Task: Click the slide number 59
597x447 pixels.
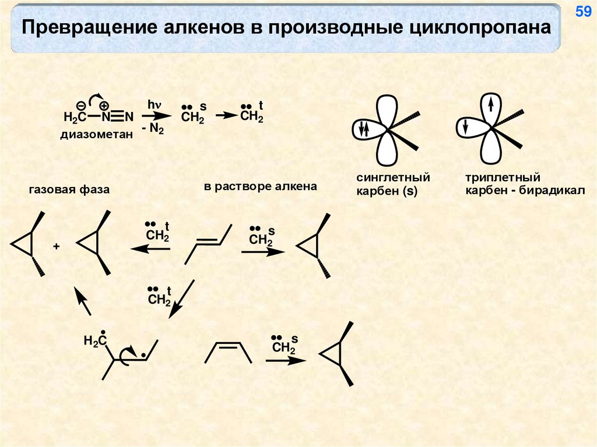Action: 583,12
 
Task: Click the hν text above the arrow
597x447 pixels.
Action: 154,105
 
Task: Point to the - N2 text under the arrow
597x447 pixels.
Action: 153,129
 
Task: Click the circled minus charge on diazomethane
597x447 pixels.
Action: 81,105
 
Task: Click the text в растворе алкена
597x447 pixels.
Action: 261,186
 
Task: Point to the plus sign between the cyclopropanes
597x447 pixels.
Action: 57,247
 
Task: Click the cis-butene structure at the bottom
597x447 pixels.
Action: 230,351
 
